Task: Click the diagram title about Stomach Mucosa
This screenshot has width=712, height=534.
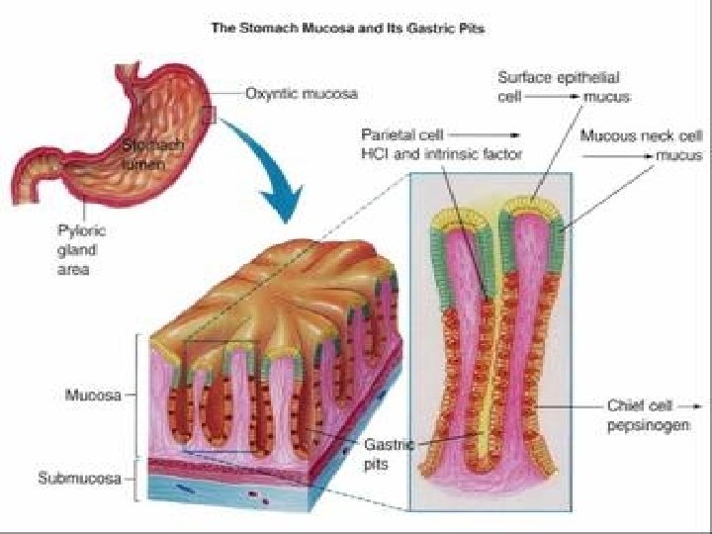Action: point(348,29)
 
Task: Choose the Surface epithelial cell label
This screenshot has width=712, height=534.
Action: point(554,77)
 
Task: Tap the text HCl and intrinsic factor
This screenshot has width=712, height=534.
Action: point(441,152)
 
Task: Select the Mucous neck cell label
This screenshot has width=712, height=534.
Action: point(640,135)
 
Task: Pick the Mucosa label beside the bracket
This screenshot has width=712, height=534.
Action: point(92,396)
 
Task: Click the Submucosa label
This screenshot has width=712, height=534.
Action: point(79,480)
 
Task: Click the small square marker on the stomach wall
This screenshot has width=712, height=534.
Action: point(209,116)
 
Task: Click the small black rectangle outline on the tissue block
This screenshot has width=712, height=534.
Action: point(221,367)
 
